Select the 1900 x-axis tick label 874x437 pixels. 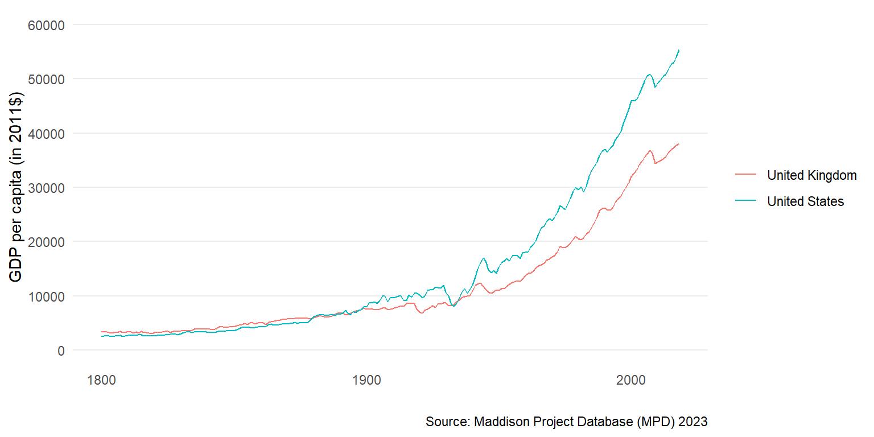point(366,379)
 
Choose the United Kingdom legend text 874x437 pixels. point(811,175)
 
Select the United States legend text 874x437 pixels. point(805,201)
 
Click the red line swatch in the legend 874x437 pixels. point(745,175)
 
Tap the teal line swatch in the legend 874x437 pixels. point(745,201)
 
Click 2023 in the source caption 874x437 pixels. point(694,422)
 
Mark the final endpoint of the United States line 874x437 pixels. point(679,50)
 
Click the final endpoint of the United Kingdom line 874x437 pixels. point(679,144)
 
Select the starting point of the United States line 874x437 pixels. point(102,336)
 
